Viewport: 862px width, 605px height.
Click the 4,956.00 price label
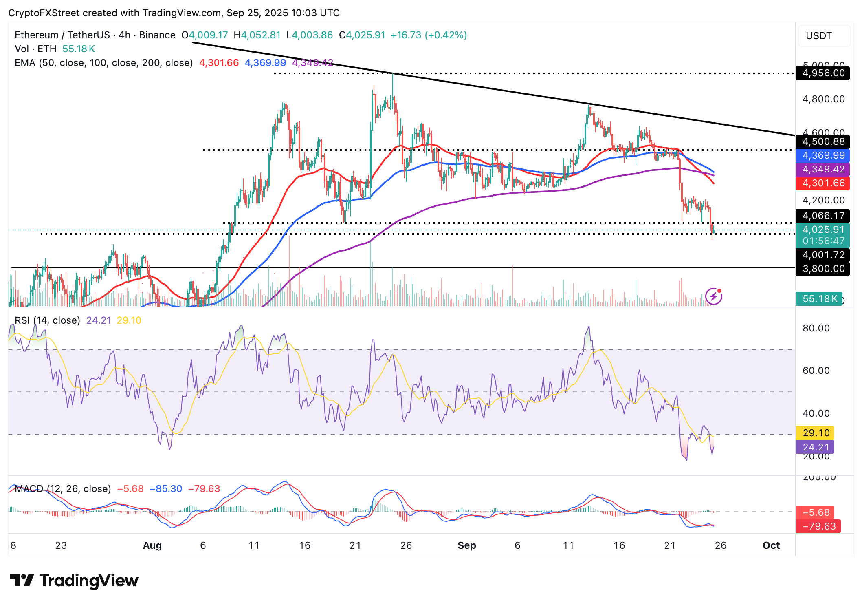point(823,73)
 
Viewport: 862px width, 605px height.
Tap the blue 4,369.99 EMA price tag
point(823,155)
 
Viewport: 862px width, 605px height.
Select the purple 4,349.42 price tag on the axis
point(823,169)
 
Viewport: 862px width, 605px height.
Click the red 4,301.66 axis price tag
point(823,183)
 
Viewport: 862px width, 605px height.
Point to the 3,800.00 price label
point(823,269)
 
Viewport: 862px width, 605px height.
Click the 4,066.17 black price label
point(823,216)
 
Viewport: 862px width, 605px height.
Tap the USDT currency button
point(819,36)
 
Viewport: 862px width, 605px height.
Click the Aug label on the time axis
point(152,545)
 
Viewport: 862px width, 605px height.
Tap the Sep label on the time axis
point(467,545)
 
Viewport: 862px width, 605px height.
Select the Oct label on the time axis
point(771,545)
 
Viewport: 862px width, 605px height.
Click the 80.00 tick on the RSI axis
point(816,328)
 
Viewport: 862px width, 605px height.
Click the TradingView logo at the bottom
point(74,581)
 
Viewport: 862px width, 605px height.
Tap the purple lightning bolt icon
point(714,296)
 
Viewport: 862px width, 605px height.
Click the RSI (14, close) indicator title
point(47,320)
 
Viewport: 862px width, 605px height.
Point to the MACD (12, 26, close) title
point(63,489)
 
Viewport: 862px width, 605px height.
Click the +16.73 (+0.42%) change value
point(429,35)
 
